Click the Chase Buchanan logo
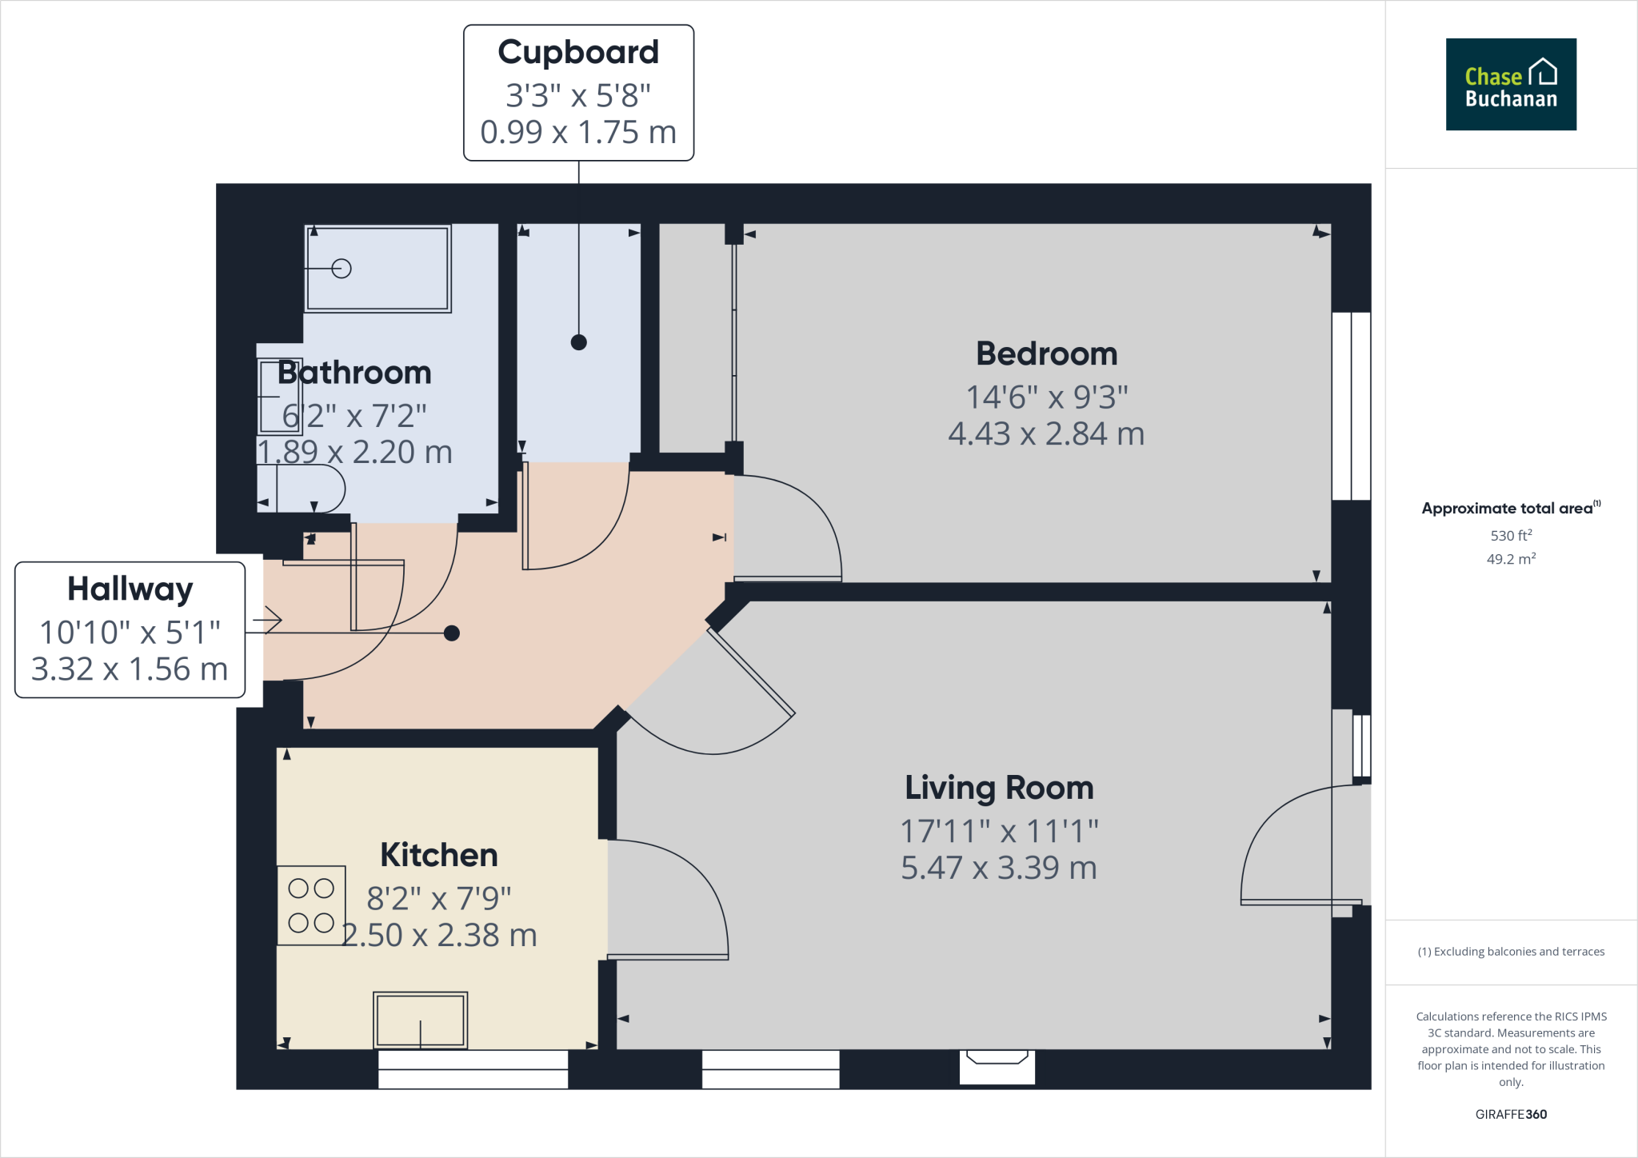(1510, 84)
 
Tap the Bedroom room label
(1046, 353)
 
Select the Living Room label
(999, 788)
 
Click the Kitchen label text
(439, 855)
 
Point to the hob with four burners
(311, 905)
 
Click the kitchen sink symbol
(420, 1020)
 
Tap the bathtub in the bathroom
(378, 269)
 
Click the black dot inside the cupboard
(579, 342)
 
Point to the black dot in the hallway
(452, 633)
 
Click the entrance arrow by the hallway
(268, 620)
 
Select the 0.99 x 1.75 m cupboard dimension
(578, 133)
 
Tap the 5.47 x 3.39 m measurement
(999, 868)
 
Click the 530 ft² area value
(1511, 535)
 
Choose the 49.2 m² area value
(1511, 559)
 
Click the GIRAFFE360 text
(1511, 1114)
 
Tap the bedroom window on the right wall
(1351, 406)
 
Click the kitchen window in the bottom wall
(473, 1069)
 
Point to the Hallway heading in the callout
(130, 589)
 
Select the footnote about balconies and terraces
(1511, 952)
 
